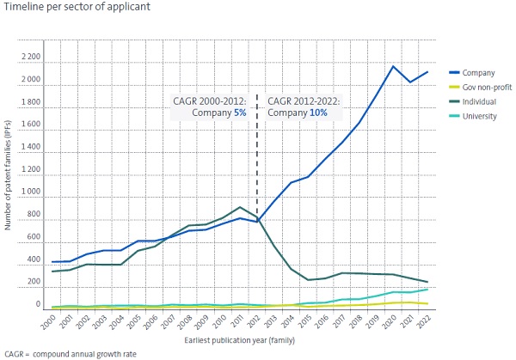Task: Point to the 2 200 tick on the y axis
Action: pyautogui.click(x=28, y=58)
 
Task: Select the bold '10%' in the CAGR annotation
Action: pyautogui.click(x=318, y=113)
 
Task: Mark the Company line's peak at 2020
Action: pyautogui.click(x=393, y=66)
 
